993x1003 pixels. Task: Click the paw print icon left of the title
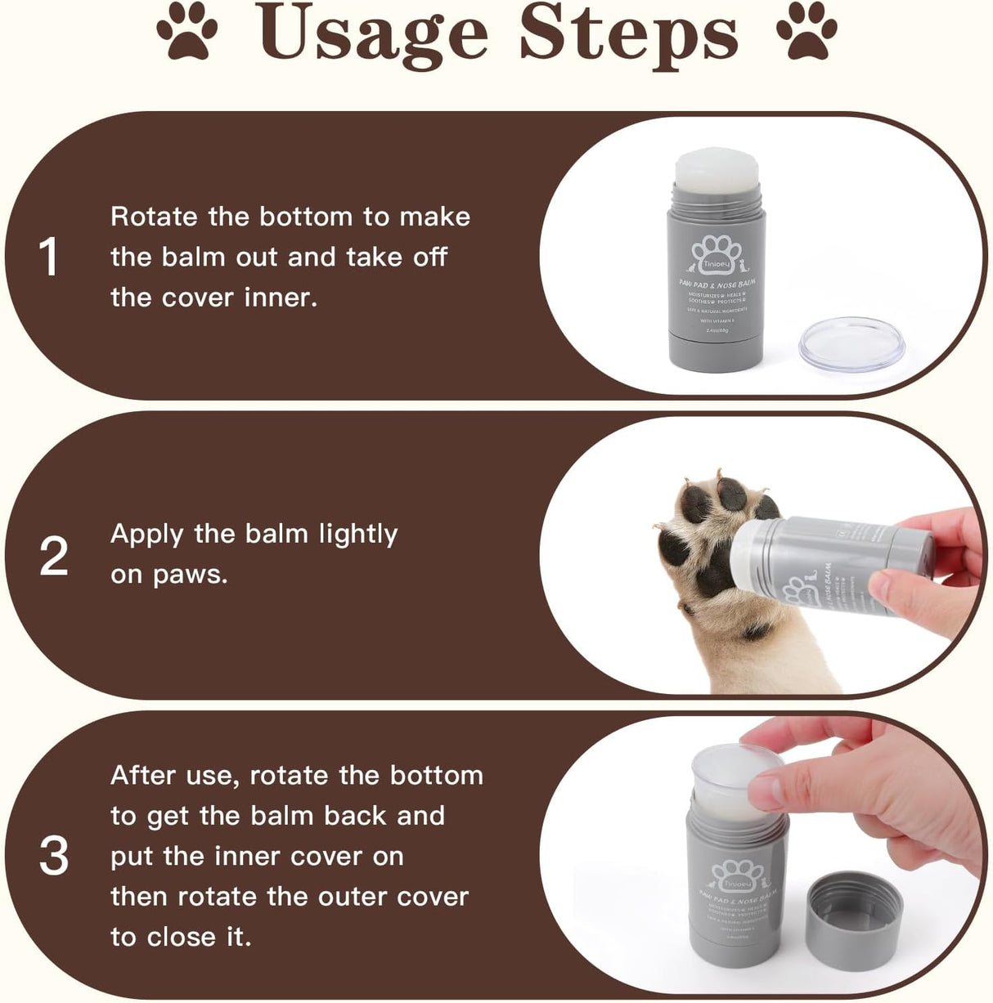click(187, 32)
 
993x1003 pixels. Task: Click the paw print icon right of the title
click(807, 32)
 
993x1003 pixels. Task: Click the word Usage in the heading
click(372, 34)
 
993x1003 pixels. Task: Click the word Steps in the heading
click(628, 34)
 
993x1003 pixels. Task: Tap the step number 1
click(49, 257)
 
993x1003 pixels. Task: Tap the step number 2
click(54, 557)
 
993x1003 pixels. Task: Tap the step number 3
click(54, 856)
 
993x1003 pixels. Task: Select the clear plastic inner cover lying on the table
click(851, 343)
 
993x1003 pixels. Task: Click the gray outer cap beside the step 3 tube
click(854, 914)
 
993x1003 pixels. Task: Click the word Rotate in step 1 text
click(155, 217)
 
